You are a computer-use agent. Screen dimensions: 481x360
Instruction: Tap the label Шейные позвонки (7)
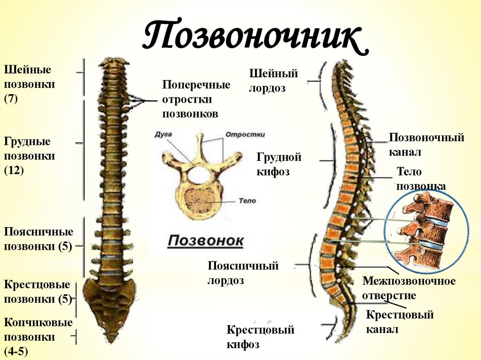coord(30,84)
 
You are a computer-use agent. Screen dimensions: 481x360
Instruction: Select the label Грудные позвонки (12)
coord(30,156)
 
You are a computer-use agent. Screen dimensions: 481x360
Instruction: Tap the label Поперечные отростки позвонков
coord(196,100)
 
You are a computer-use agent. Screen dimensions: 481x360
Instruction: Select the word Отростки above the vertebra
coord(245,134)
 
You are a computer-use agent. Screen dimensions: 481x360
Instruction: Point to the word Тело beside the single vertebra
coord(246,201)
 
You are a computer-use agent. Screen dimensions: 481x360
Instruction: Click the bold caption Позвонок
coord(206,241)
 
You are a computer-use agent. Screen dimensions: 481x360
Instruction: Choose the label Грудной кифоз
coord(279,164)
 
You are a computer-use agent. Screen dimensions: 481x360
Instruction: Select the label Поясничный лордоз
coord(243,273)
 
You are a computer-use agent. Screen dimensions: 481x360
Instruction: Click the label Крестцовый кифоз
coord(260,337)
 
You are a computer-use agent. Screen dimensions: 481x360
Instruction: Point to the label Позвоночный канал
coord(427,145)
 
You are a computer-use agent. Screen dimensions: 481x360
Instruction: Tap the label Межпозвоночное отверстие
coord(409,288)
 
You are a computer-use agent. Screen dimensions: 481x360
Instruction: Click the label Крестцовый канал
coord(399,322)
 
